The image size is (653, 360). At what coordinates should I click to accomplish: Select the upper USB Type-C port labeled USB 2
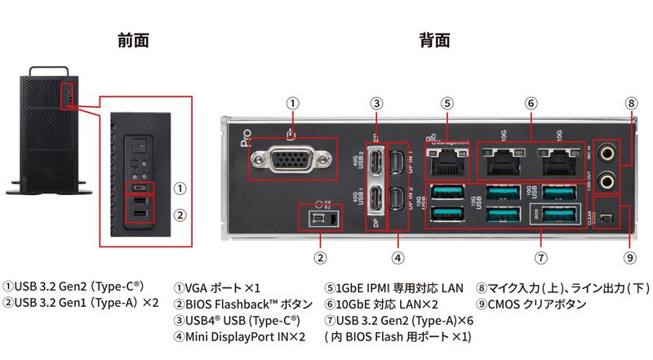click(x=376, y=160)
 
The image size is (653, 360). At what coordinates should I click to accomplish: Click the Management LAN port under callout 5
click(x=446, y=162)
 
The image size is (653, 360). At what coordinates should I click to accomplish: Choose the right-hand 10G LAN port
click(x=557, y=161)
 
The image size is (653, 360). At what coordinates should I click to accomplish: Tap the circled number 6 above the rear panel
click(x=531, y=104)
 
